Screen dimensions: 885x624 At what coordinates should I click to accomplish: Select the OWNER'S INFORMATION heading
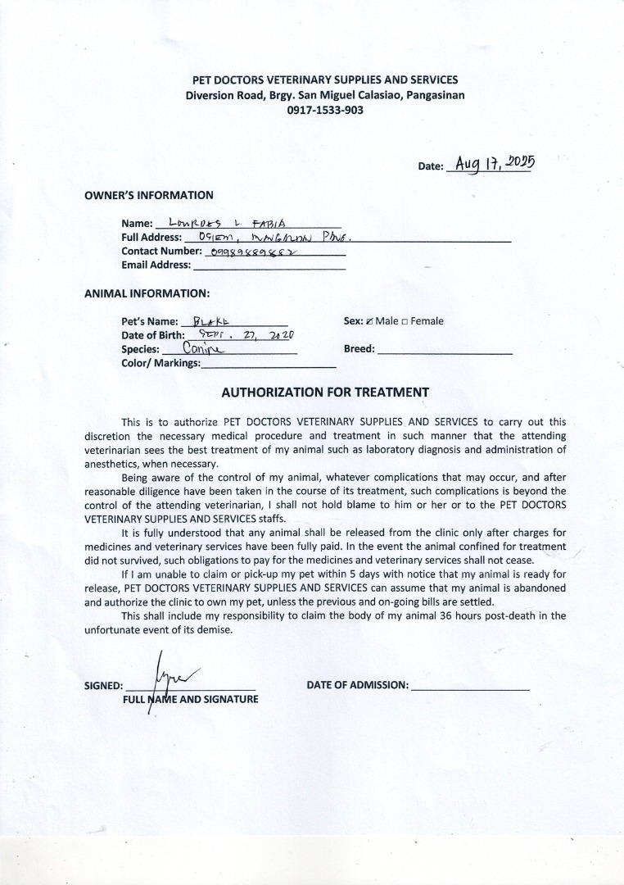(x=149, y=195)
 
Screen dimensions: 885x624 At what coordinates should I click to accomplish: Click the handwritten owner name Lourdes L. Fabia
(x=226, y=222)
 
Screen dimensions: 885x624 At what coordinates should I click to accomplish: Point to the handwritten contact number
(x=252, y=252)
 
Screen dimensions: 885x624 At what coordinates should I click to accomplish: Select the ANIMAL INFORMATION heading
(x=147, y=293)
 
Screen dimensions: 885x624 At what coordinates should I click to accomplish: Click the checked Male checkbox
(x=369, y=321)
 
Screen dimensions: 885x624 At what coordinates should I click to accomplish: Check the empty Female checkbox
(x=405, y=321)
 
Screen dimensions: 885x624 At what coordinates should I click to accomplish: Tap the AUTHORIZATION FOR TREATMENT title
(x=325, y=392)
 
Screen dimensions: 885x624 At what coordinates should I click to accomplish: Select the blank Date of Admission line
(x=470, y=687)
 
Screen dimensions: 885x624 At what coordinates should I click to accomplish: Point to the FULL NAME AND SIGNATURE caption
(x=191, y=699)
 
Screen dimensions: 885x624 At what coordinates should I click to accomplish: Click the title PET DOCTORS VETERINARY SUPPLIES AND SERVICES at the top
(x=325, y=79)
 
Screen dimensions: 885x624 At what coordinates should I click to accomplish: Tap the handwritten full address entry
(x=269, y=237)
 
